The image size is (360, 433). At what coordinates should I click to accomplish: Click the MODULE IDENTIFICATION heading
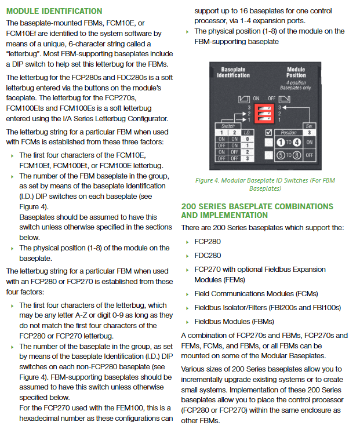tap(54, 11)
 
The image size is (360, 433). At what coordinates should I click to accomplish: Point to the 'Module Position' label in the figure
tap(296, 72)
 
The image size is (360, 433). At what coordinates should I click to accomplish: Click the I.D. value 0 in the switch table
tap(248, 139)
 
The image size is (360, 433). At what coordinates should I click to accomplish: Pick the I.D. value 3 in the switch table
tap(248, 158)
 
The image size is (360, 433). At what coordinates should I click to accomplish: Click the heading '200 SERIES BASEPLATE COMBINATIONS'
tap(257, 206)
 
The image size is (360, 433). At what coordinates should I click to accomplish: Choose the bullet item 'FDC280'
tap(208, 255)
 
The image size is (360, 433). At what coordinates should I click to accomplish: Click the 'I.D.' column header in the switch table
tap(248, 133)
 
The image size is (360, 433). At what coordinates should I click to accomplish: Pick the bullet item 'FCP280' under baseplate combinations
tap(208, 241)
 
